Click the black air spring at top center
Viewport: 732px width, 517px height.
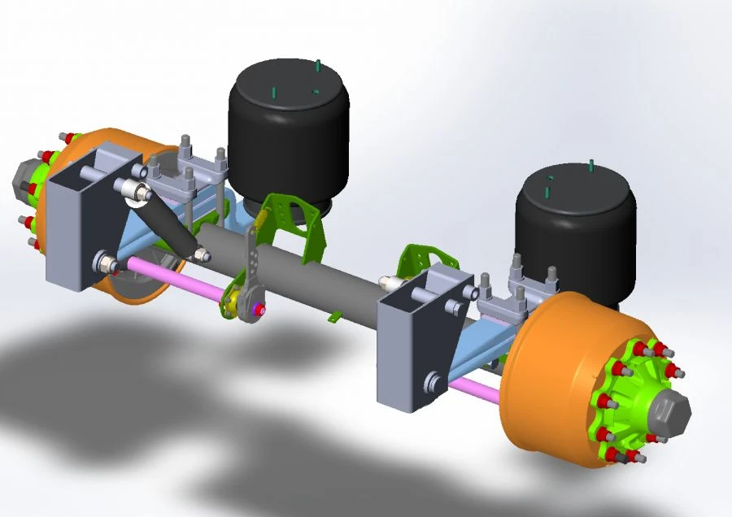click(x=289, y=130)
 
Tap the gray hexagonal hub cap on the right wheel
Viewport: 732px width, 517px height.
click(x=668, y=413)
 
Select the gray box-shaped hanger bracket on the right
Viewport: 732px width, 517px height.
click(x=415, y=341)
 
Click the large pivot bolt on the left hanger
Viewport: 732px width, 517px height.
click(x=104, y=263)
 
